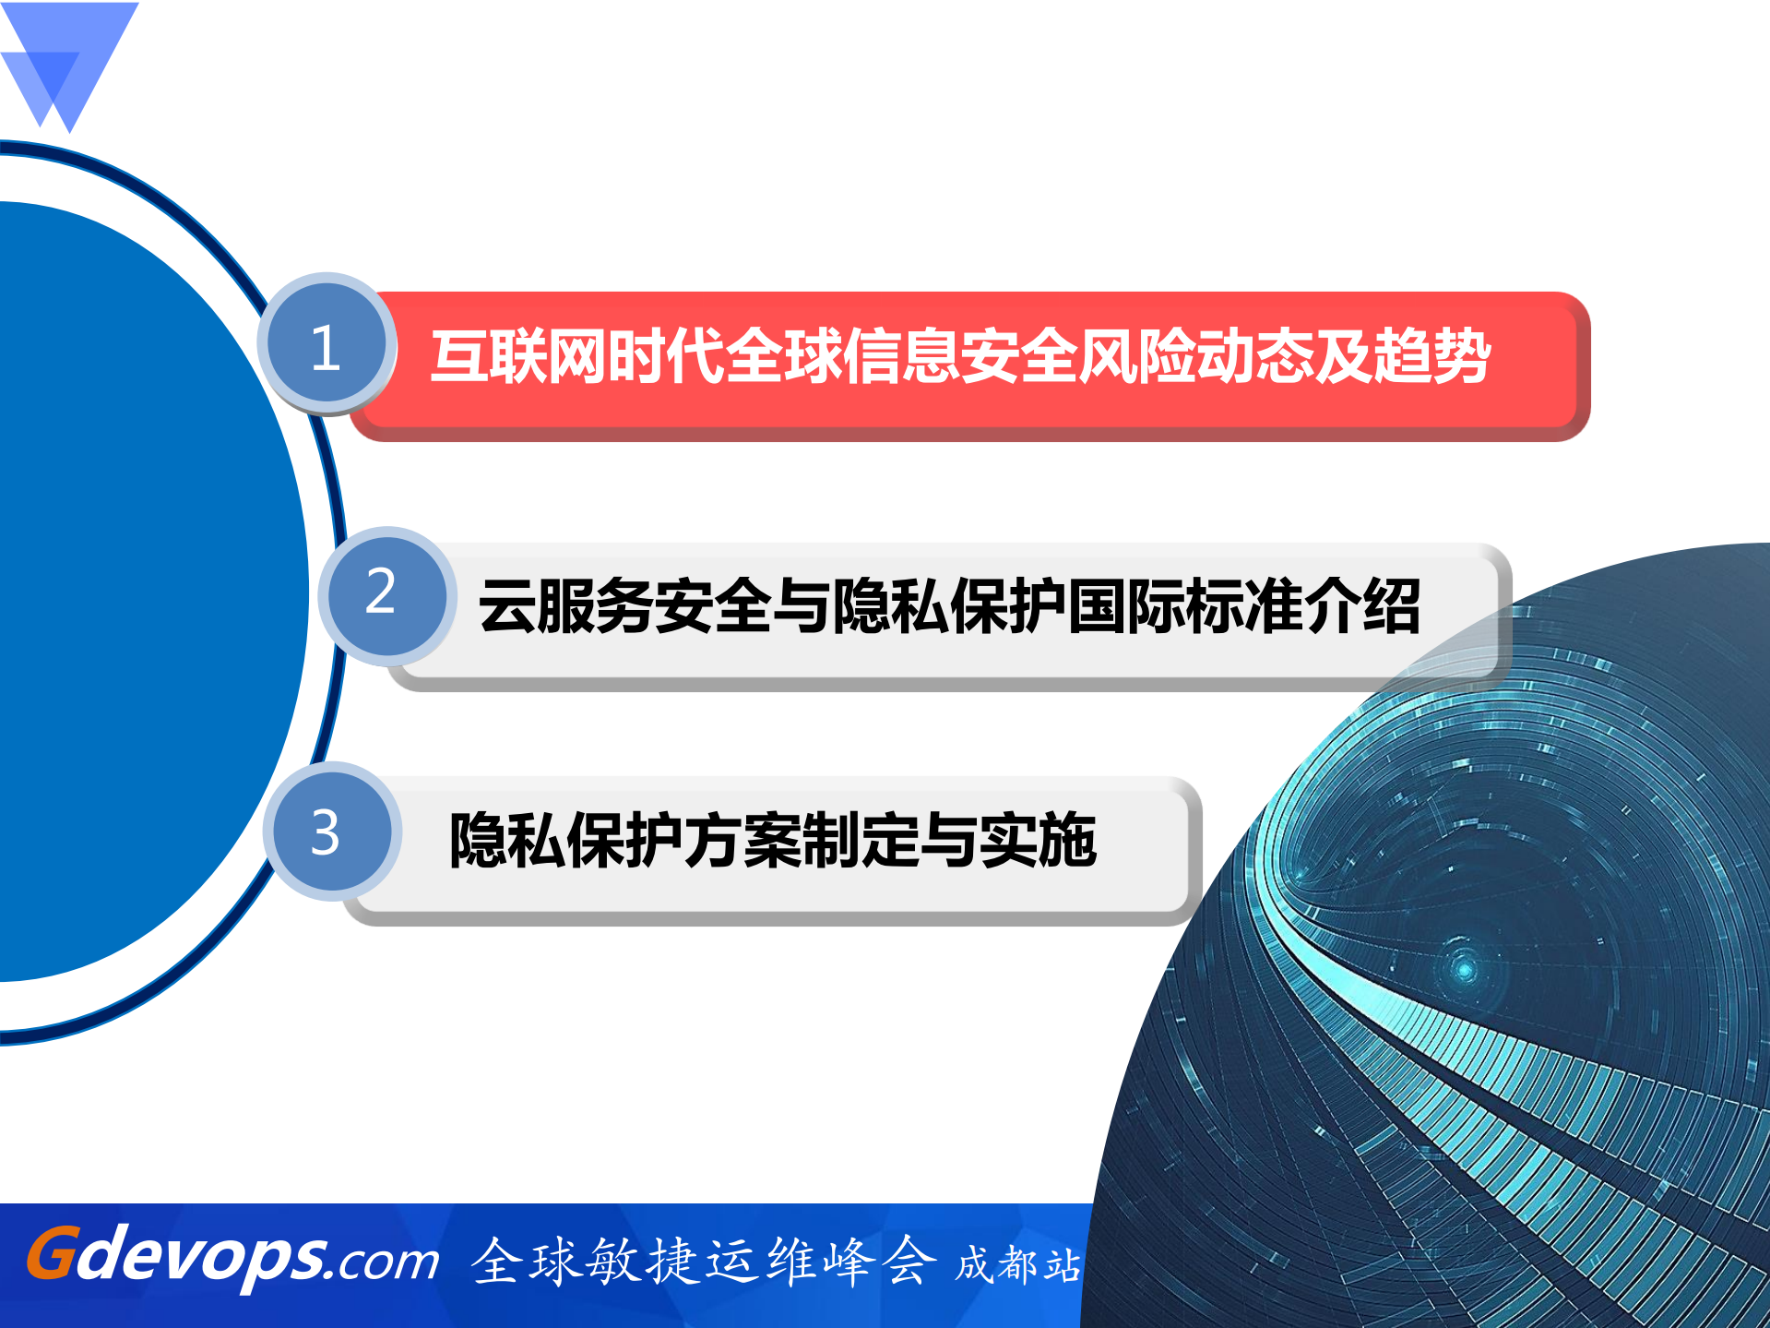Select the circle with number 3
(329, 831)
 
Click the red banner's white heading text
(959, 356)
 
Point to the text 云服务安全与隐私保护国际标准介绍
(948, 606)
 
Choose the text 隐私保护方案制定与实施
(772, 840)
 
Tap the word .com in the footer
(387, 1262)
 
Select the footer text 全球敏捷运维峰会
(703, 1262)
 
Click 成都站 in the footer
(1017, 1264)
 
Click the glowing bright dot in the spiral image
(1464, 969)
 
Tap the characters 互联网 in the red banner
(517, 356)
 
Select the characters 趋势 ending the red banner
(1432, 356)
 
